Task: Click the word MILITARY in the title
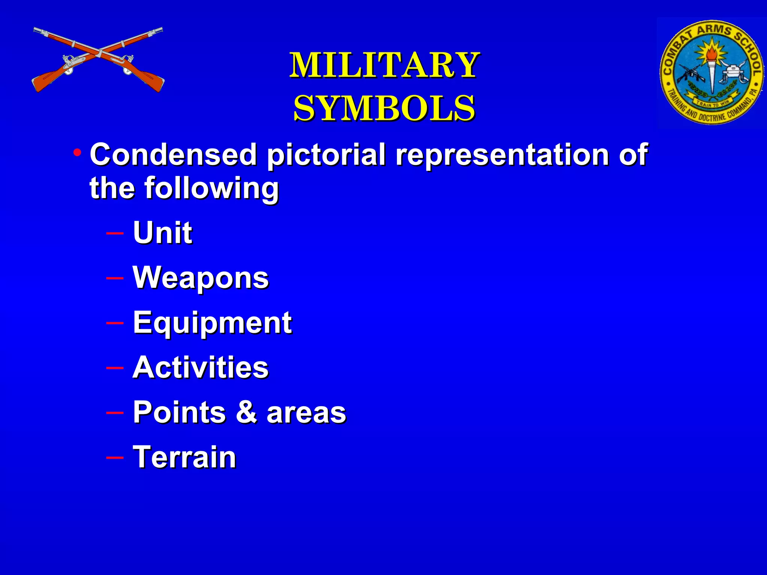click(x=384, y=66)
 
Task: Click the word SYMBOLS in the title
click(x=384, y=109)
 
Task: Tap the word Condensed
click(x=173, y=154)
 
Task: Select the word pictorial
click(x=326, y=155)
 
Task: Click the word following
click(x=212, y=188)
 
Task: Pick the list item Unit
click(x=163, y=232)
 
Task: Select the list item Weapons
click(x=201, y=278)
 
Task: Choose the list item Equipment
click(x=212, y=323)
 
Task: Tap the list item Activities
click(x=201, y=368)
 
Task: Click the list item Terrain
click(x=185, y=457)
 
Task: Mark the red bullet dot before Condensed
click(x=78, y=153)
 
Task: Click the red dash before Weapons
click(x=115, y=278)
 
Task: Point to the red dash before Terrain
click(x=115, y=457)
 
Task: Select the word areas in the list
click(x=306, y=413)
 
